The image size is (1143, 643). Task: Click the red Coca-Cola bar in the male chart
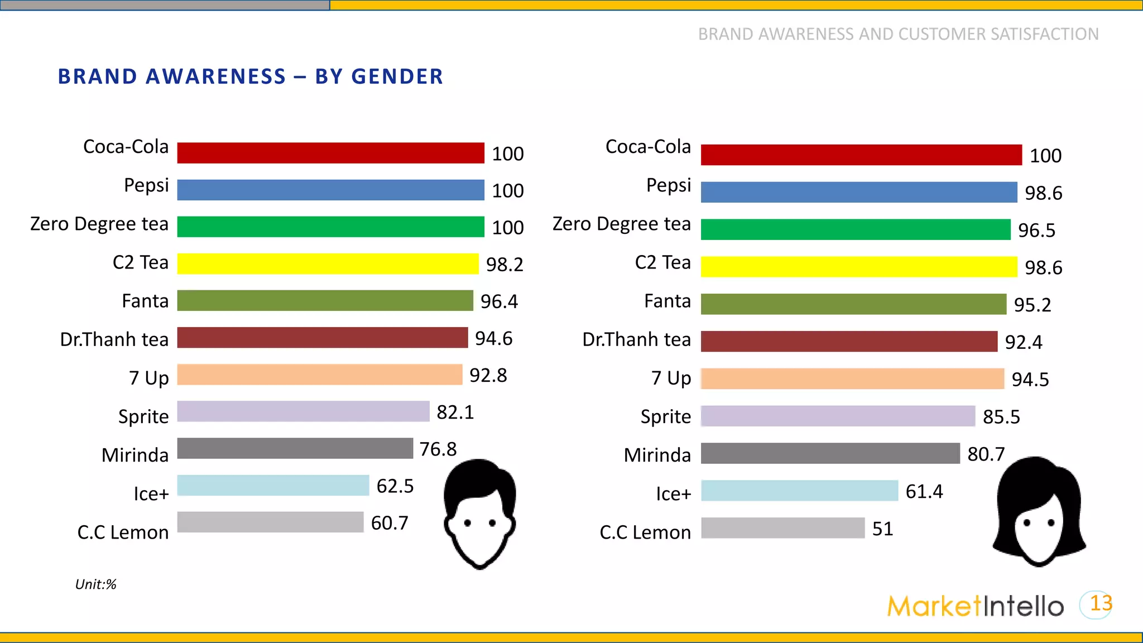[330, 153]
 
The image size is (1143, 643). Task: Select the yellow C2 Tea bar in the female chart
[858, 267]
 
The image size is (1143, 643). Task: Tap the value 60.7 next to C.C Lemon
[390, 523]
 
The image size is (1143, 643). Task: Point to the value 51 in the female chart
[882, 529]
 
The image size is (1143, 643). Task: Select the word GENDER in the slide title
[397, 76]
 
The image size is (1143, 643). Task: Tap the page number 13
[1101, 603]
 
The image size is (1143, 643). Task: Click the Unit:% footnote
[95, 584]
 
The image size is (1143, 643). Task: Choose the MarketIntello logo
[975, 606]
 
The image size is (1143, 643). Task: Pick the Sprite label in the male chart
[143, 416]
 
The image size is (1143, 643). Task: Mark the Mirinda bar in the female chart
[830, 453]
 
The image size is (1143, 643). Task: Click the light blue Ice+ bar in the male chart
[273, 485]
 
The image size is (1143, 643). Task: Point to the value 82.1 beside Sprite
[455, 412]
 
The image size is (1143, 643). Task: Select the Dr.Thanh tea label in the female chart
[636, 339]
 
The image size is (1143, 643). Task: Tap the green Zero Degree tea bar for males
[330, 227]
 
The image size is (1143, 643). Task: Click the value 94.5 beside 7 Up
[1030, 380]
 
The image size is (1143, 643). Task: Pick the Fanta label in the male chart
[145, 301]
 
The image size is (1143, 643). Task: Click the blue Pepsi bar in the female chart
[858, 192]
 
